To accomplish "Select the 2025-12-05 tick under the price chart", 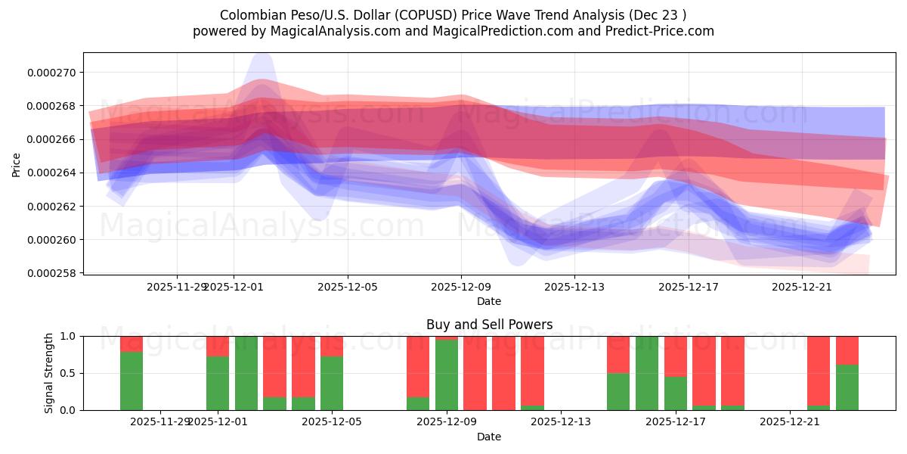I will click(348, 287).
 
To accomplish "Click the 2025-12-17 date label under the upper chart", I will click(688, 287).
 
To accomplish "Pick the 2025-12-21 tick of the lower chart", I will click(790, 422).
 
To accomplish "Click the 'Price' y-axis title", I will click(16, 163).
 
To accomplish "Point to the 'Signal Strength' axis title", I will click(49, 372).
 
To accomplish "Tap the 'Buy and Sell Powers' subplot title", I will click(489, 325).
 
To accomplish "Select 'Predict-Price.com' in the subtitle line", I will click(659, 31).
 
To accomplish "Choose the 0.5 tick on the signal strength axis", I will click(68, 373).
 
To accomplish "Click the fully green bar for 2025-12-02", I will click(246, 373).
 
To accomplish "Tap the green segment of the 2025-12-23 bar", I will click(847, 387).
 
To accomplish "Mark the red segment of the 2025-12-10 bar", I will click(475, 373).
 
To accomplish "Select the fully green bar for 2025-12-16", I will click(647, 373).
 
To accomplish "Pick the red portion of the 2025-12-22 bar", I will click(819, 369).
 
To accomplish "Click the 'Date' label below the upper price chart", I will click(488, 301).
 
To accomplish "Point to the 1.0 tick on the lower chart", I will click(68, 336).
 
